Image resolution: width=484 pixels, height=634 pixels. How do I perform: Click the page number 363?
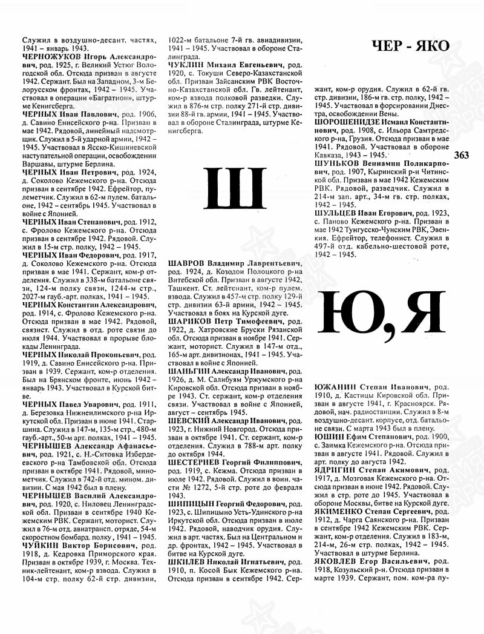(460, 155)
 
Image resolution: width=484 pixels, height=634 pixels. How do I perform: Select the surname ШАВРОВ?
(188, 264)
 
